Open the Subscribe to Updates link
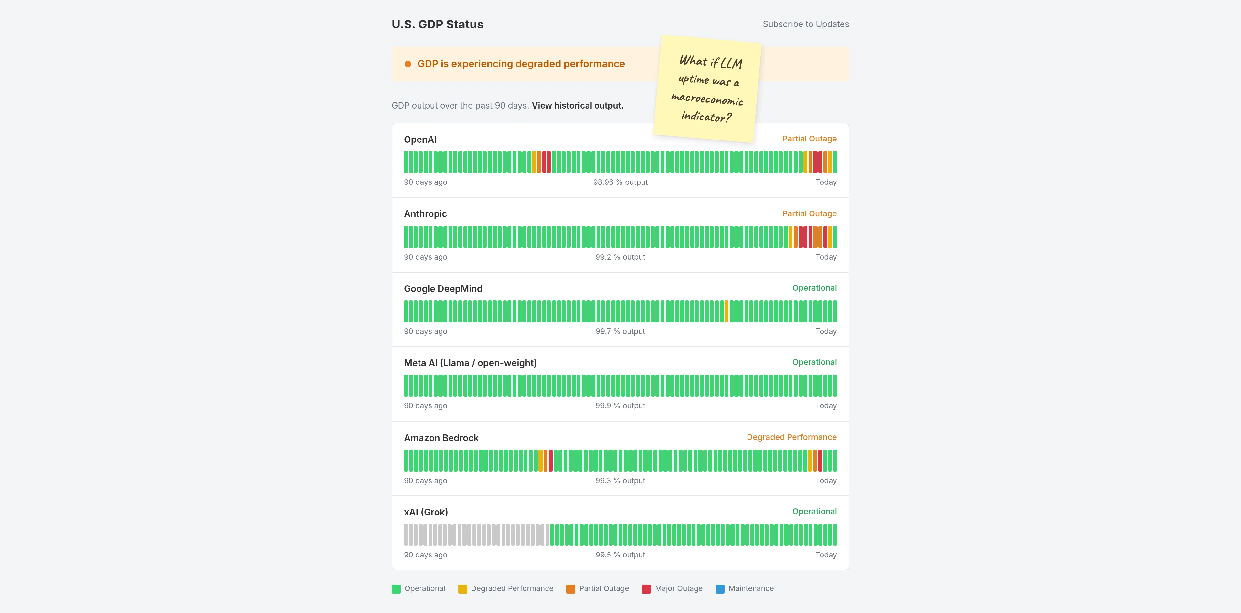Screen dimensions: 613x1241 click(805, 24)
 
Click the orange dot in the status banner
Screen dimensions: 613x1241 click(408, 64)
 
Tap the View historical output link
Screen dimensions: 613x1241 click(577, 106)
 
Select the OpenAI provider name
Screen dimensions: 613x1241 click(420, 140)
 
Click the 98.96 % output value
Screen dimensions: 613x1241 click(620, 182)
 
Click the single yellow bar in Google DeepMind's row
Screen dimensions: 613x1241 click(727, 311)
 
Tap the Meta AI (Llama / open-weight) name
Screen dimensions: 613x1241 click(470, 363)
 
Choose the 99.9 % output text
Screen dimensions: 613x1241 click(620, 405)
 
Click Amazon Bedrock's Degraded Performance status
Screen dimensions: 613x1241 click(791, 437)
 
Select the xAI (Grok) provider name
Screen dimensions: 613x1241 click(425, 512)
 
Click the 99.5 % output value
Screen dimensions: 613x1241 click(620, 555)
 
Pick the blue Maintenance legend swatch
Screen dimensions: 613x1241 click(720, 589)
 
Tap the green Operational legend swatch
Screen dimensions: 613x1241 click(396, 589)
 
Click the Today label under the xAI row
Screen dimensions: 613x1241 click(826, 555)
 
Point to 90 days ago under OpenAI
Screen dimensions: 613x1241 click(425, 182)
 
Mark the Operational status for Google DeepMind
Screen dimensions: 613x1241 click(814, 288)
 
